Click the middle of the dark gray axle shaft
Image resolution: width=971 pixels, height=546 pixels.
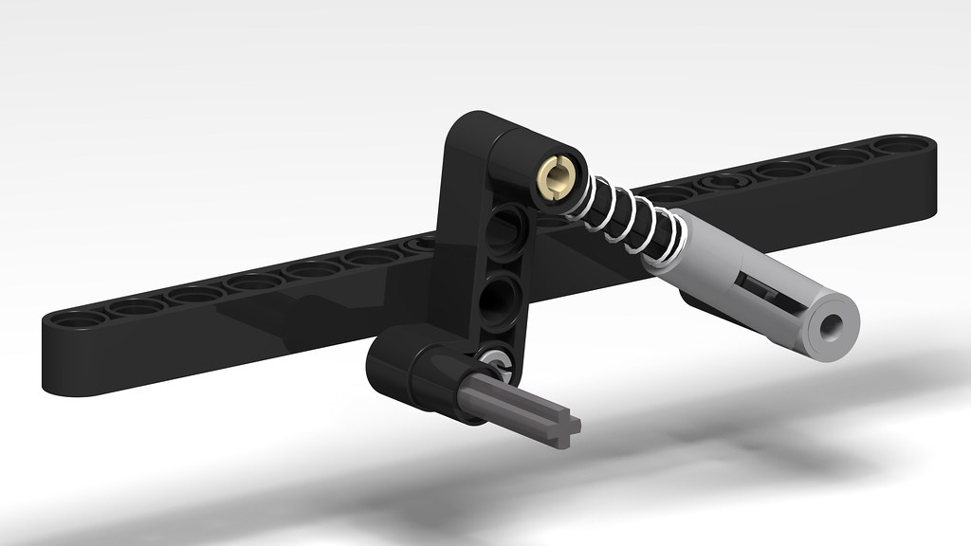(512, 403)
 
